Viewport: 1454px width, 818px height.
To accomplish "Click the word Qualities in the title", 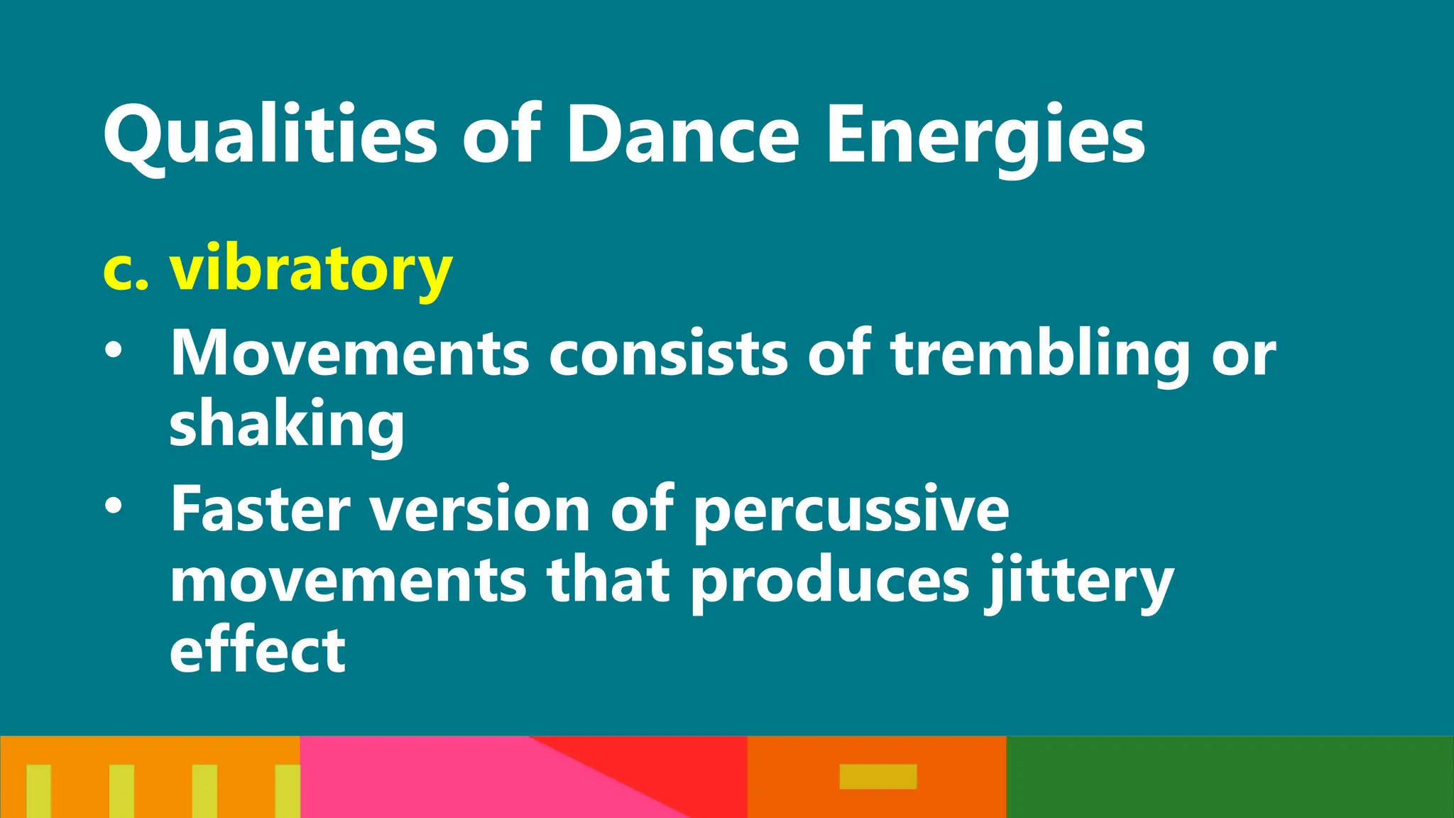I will (270, 135).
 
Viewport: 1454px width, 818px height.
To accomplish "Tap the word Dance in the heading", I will (682, 135).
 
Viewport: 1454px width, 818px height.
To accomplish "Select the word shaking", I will (287, 425).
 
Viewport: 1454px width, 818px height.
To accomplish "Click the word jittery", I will (1079, 581).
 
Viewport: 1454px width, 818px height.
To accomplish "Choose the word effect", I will (257, 650).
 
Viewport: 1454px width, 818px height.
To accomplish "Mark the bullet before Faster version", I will (113, 506).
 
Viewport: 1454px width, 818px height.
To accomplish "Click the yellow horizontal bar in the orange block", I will (878, 776).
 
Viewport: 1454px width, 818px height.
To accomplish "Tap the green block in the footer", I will (1230, 777).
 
